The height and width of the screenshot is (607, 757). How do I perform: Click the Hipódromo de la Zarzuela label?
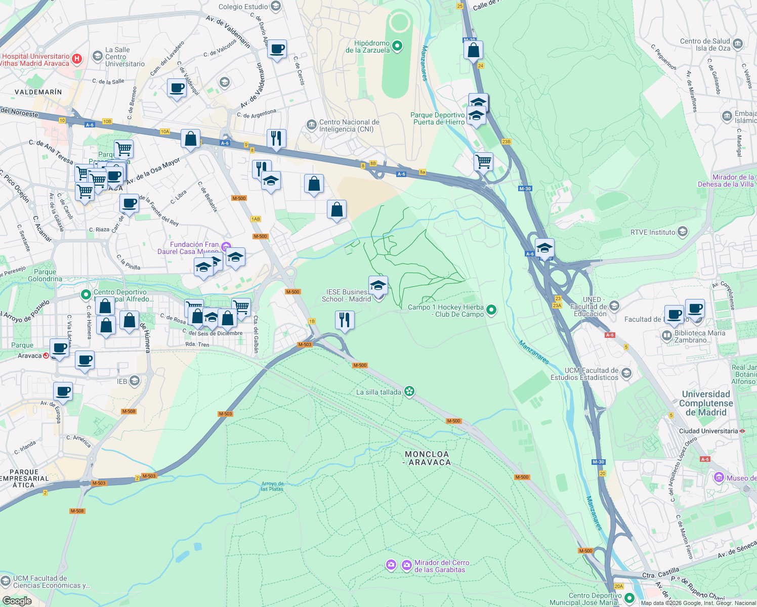click(368, 47)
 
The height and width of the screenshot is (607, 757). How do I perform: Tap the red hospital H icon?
click(77, 59)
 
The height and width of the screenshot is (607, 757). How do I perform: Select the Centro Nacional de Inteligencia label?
click(349, 125)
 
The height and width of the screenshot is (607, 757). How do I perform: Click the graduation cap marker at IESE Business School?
click(378, 286)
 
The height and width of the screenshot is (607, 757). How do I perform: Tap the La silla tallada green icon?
click(410, 392)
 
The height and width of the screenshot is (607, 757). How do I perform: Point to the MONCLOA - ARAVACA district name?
click(427, 458)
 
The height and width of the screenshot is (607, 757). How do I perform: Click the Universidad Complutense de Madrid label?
click(705, 403)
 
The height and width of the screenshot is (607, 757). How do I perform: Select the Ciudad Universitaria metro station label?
click(708, 431)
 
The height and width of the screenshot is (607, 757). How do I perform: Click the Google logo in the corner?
click(17, 600)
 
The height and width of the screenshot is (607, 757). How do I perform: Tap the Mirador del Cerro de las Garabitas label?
click(442, 566)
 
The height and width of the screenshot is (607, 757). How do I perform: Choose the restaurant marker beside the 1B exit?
click(345, 320)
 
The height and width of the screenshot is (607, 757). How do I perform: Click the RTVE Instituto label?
click(653, 232)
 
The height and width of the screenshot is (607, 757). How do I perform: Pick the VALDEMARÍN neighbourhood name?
click(38, 92)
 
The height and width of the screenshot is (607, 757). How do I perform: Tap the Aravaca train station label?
click(29, 356)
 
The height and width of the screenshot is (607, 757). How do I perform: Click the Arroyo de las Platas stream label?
click(272, 486)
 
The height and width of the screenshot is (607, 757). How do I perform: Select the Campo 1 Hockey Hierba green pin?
click(491, 310)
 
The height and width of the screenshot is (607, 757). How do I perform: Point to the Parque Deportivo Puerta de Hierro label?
click(437, 118)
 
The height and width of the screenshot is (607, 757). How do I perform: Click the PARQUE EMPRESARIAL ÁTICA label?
click(24, 478)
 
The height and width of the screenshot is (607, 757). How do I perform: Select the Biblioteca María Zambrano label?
click(699, 336)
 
